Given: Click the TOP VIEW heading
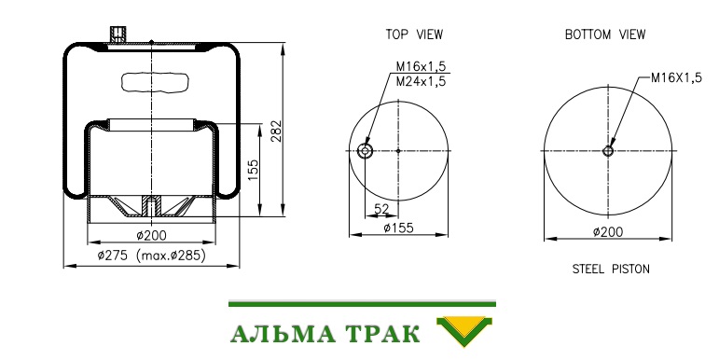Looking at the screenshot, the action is pos(414,35).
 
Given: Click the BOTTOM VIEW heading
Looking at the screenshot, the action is pos(605,35).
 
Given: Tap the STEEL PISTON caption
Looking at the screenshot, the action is pos(611,269).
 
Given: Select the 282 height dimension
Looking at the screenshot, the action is pos(276,131).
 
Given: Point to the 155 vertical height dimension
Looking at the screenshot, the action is pos(253,170).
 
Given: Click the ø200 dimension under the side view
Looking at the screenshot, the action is pos(151,236).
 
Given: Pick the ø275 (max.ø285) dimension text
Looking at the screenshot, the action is pos(151,256).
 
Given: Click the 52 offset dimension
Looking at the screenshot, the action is pos(381,209).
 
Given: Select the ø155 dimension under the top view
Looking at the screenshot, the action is pos(398,228).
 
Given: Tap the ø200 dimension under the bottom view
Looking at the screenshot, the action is pos(608,232).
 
